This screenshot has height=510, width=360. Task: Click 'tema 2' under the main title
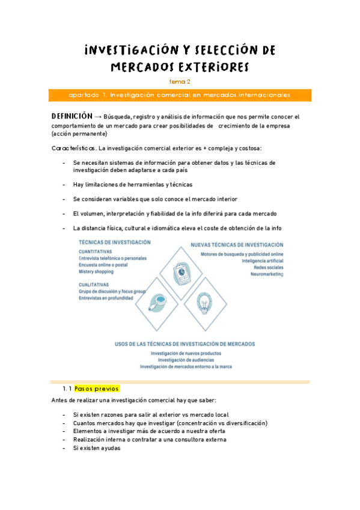tap(180, 81)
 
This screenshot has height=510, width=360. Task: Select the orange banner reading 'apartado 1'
tap(180, 95)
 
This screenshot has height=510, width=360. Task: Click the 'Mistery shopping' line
tap(96, 272)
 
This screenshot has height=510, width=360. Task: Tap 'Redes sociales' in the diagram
tap(268, 268)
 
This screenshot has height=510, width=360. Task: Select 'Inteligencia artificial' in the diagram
tap(262, 261)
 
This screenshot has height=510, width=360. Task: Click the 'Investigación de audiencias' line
tap(185, 360)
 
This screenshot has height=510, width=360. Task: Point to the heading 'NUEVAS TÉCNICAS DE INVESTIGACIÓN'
tap(237, 245)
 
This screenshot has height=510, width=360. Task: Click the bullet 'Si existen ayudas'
tap(97, 448)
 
